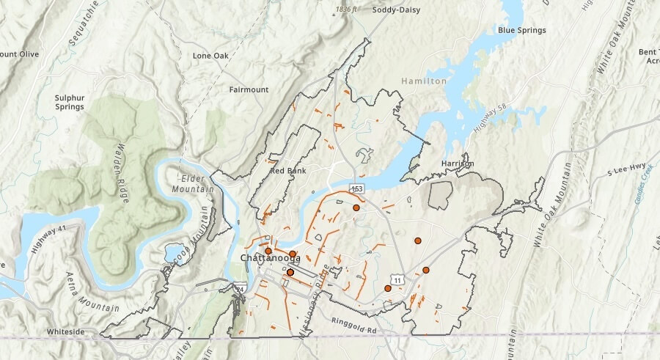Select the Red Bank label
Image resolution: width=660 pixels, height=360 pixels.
287,171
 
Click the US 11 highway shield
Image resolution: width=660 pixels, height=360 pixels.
397,280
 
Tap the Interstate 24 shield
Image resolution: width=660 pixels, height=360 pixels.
241,290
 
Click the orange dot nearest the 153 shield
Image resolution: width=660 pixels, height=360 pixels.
356,208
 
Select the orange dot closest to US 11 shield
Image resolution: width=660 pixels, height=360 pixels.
388,288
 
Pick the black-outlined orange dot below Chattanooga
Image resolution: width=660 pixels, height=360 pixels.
290,273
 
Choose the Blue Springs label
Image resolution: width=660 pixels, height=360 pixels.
521,30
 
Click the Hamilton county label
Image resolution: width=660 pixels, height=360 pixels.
423,81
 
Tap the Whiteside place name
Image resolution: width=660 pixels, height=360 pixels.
67,331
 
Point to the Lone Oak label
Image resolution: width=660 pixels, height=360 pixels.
211,56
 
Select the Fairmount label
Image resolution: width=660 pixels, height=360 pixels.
249,89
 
